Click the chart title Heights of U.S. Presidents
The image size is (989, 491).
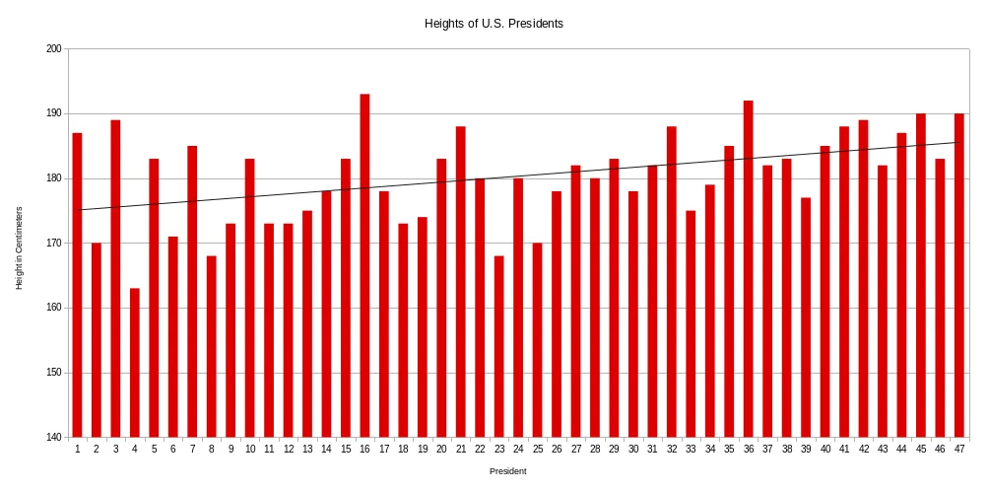(x=494, y=23)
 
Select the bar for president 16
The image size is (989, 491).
(x=364, y=266)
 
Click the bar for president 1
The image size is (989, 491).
(x=77, y=286)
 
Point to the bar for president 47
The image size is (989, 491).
(x=959, y=276)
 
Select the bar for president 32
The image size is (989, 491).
(x=672, y=282)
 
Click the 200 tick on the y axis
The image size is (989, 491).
(x=53, y=49)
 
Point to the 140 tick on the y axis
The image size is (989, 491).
(x=53, y=438)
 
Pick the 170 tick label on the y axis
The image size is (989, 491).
(x=53, y=244)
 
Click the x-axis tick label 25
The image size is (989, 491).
(x=538, y=450)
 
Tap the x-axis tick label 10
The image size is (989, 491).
(x=250, y=450)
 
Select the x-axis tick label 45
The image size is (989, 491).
(x=921, y=450)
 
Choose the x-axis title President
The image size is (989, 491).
(x=508, y=471)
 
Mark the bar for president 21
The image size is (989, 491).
(x=461, y=282)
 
